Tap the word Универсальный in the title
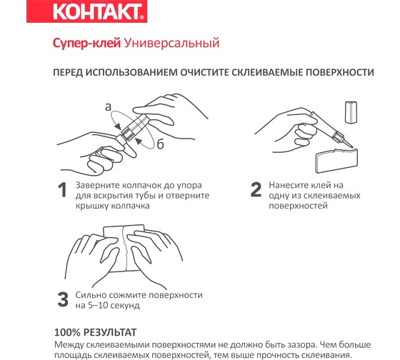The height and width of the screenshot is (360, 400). point(171,44)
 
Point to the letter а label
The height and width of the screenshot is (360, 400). point(108,107)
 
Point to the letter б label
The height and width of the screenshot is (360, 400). point(161,145)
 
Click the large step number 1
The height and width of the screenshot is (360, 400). point(63,190)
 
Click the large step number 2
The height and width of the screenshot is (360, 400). point(255,190)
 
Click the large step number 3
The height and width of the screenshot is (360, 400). point(63,299)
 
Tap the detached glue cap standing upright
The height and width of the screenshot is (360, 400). point(351,111)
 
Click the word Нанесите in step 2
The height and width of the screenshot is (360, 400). point(289,184)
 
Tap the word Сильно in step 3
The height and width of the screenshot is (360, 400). point(91,294)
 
